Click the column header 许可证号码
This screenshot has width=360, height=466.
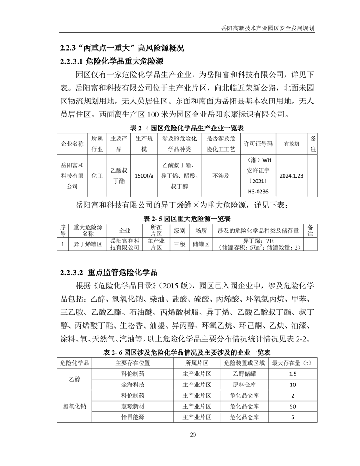(x=258, y=144)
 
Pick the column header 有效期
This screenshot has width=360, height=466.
(x=291, y=144)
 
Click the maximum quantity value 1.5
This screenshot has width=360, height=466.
(x=292, y=374)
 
